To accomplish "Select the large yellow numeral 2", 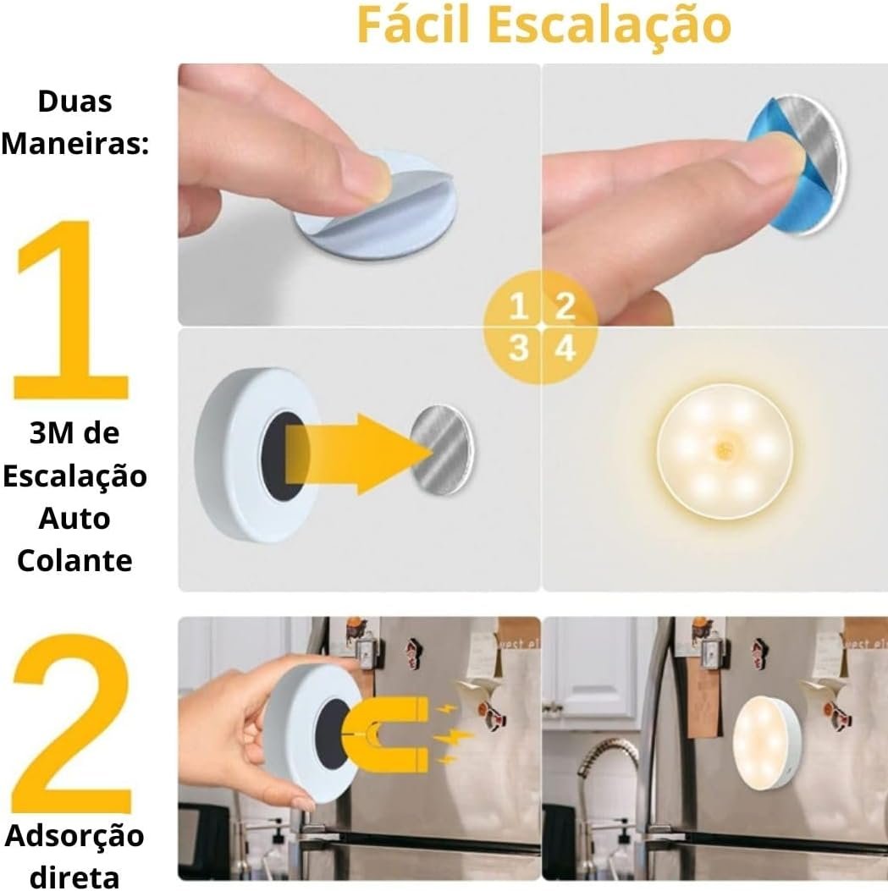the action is pyautogui.click(x=72, y=724).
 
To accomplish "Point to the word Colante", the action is pyautogui.click(x=75, y=561).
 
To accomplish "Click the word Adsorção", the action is pyautogui.click(x=74, y=837).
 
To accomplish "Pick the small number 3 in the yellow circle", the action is pyautogui.click(x=518, y=348).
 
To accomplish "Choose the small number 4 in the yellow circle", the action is pyautogui.click(x=565, y=348).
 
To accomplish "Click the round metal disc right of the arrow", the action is pyautogui.click(x=443, y=449).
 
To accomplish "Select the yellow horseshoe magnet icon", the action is pyautogui.click(x=384, y=734).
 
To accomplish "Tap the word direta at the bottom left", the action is pyautogui.click(x=74, y=877).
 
